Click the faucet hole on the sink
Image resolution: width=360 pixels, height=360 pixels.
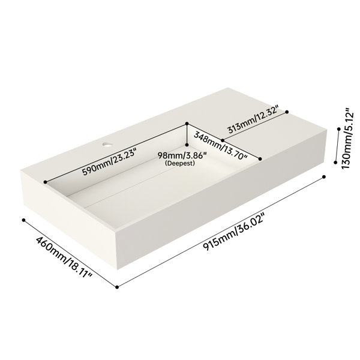point(107,145)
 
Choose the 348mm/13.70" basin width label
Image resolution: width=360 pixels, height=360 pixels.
point(220,146)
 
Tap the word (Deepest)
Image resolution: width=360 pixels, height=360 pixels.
point(180,163)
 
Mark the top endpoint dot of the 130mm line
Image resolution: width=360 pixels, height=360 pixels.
point(338,129)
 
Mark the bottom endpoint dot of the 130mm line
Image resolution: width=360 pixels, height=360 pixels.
point(335,163)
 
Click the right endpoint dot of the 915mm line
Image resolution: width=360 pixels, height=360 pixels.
point(324,177)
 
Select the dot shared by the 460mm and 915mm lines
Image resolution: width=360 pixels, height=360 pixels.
point(117,287)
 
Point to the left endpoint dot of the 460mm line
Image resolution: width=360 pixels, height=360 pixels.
point(23,220)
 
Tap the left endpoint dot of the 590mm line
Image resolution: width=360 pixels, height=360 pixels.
point(45,182)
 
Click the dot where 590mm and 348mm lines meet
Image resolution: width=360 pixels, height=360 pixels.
point(187,124)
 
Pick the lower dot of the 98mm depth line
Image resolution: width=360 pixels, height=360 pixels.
point(187,145)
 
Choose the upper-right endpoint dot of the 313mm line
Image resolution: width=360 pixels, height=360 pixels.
point(287,112)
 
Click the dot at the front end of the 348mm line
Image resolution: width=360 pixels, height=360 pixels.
point(260,159)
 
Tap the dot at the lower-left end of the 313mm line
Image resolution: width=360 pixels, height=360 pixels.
point(223,140)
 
